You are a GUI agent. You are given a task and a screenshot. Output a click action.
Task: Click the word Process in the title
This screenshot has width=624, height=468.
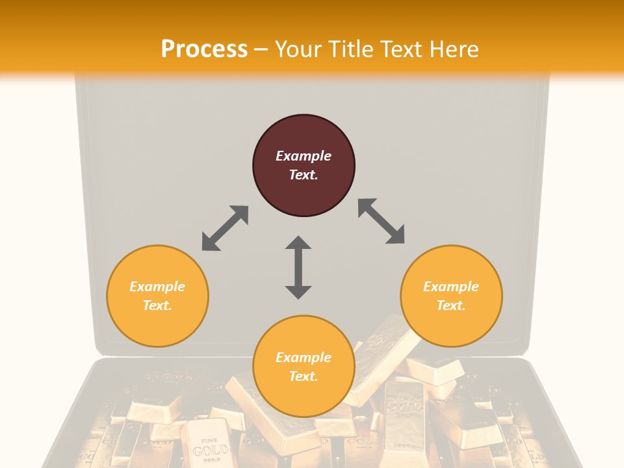click(204, 49)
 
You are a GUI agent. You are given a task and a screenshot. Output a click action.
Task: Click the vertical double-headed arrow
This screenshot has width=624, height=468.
click(298, 267)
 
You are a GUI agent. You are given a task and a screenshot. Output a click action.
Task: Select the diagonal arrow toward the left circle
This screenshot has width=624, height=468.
click(225, 228)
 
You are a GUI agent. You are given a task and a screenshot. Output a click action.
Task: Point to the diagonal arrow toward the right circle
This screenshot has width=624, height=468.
click(381, 221)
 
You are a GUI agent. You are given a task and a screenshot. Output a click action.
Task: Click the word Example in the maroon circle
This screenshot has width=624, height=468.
click(304, 156)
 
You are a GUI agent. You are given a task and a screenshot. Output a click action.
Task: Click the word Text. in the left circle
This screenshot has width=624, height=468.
click(157, 305)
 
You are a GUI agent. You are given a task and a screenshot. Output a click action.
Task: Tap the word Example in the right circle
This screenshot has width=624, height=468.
click(451, 287)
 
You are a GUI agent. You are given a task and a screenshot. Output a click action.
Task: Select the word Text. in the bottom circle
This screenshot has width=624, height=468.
click(304, 376)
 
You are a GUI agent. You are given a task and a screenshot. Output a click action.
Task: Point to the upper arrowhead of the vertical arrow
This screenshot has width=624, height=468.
click(298, 243)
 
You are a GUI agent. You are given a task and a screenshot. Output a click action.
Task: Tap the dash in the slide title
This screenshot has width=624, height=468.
click(261, 49)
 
